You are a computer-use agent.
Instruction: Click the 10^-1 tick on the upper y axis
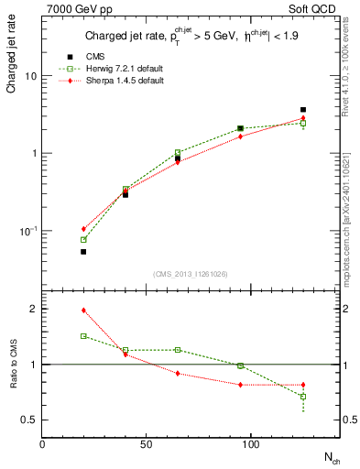click(27, 231)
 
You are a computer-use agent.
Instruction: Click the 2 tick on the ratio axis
click(33, 310)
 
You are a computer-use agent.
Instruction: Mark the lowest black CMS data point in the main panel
click(83, 251)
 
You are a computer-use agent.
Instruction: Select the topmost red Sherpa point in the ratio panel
click(83, 311)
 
